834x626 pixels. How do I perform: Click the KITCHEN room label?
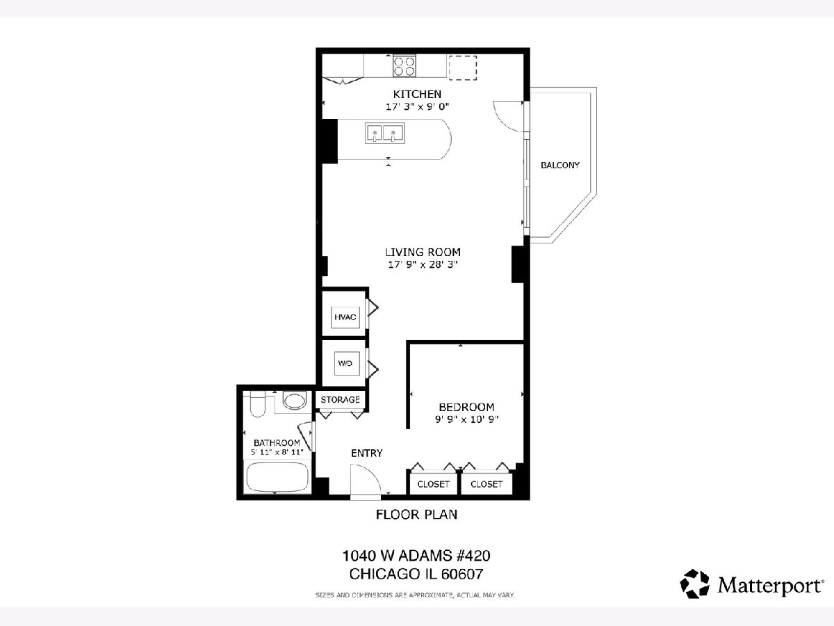(x=417, y=94)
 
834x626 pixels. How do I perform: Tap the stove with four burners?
(x=404, y=66)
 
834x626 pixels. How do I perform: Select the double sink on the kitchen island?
(x=385, y=133)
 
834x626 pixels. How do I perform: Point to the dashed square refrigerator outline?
(x=463, y=67)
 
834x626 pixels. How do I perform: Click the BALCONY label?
(x=560, y=165)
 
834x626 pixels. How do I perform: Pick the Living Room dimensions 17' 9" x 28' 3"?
(x=423, y=264)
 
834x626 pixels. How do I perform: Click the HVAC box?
(x=345, y=317)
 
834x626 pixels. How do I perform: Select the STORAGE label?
(x=340, y=399)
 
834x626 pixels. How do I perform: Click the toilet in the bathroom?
(x=258, y=404)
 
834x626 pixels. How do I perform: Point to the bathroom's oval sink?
(x=295, y=401)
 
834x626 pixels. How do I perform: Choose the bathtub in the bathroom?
(x=277, y=477)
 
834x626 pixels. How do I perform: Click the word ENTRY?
(x=367, y=453)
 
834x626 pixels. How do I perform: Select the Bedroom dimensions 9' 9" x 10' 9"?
(x=466, y=419)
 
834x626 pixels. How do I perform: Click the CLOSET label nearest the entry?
(x=433, y=484)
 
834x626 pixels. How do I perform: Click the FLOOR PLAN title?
(x=416, y=515)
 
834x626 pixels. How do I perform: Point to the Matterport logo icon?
(x=694, y=584)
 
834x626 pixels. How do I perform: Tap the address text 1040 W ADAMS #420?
(x=416, y=556)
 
